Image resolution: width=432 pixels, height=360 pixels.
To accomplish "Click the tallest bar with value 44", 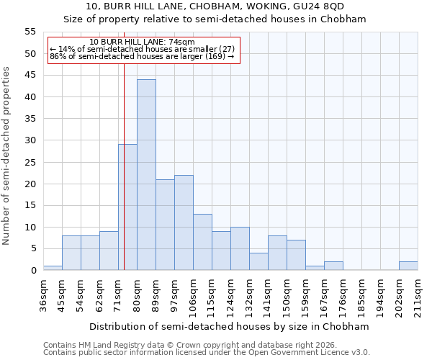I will (x=146, y=175).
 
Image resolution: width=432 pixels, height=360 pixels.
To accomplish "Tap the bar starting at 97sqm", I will (x=184, y=222).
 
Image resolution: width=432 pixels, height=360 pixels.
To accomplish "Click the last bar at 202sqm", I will (x=408, y=266).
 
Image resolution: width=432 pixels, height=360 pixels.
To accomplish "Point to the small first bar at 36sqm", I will (x=53, y=268).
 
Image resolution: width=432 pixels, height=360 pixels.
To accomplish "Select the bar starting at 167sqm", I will (x=333, y=266).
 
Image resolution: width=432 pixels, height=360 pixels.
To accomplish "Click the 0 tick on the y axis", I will (x=33, y=271).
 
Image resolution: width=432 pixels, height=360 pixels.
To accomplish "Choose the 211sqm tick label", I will (x=418, y=295).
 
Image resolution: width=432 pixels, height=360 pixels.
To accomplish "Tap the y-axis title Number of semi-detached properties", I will (x=6, y=156).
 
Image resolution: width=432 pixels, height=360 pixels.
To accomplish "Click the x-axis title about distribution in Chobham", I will (x=229, y=326).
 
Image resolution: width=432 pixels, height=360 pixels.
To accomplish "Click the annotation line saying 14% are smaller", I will (x=143, y=49).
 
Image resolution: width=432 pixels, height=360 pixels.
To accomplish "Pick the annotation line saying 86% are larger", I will (x=142, y=56).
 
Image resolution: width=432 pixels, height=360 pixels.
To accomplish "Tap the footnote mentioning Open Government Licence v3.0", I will (x=207, y=352).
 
